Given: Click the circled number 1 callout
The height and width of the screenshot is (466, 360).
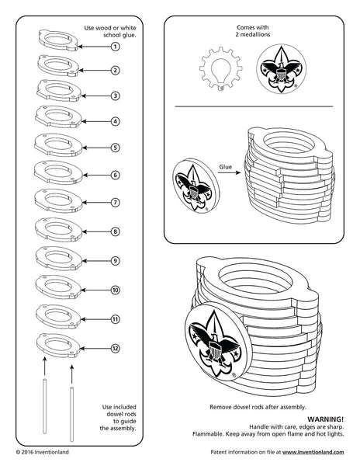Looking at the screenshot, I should (115, 47).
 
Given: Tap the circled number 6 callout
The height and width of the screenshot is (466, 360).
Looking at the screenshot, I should (115, 176).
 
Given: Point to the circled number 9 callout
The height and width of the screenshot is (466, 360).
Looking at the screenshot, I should (115, 261).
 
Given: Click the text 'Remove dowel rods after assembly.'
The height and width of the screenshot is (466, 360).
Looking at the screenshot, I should (258, 406).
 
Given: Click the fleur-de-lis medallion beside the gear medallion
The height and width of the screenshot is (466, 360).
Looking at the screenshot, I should (279, 68).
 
